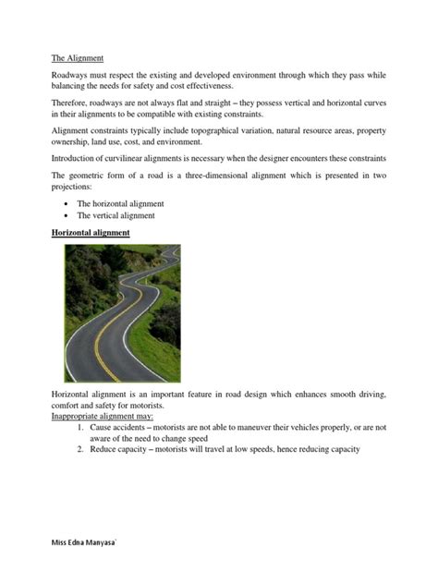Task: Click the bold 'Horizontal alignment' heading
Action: [x=90, y=233]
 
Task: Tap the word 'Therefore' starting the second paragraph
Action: [x=72, y=103]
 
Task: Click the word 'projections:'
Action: [x=71, y=189]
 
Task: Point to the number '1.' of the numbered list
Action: [x=81, y=428]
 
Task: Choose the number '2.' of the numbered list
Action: [x=81, y=450]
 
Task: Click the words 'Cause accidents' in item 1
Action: [x=126, y=428]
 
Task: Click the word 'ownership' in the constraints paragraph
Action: [x=74, y=143]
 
